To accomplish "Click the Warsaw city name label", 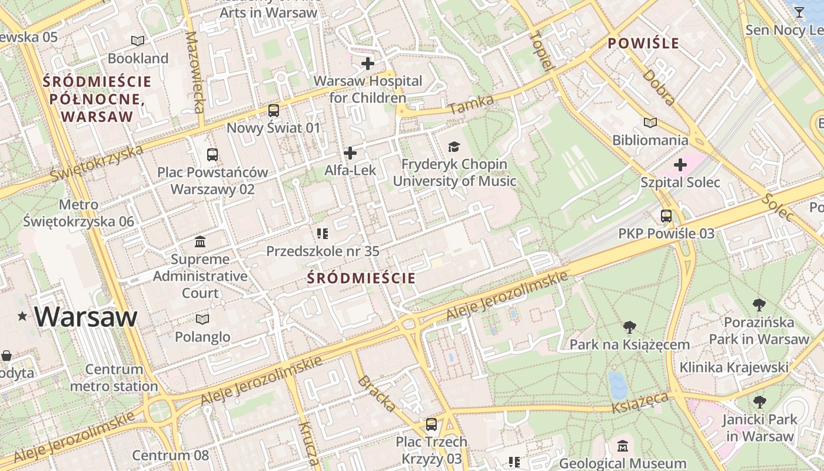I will pyautogui.click(x=86, y=317).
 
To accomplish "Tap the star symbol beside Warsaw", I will pyautogui.click(x=22, y=317).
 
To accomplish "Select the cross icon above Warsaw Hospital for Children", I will pyautogui.click(x=368, y=63).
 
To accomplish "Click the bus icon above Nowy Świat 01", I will pyautogui.click(x=274, y=110).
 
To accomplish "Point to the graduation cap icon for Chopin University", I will pyautogui.click(x=454, y=147).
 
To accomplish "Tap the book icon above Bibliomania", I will pyautogui.click(x=650, y=122).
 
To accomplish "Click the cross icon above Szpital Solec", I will pyautogui.click(x=680, y=165).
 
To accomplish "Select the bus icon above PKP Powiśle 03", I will pyautogui.click(x=666, y=216).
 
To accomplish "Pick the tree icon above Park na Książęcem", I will pyautogui.click(x=629, y=327).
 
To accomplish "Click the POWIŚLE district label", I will pyautogui.click(x=643, y=43).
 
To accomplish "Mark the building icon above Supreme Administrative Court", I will pyautogui.click(x=200, y=241).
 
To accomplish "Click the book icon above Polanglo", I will pyautogui.click(x=202, y=319).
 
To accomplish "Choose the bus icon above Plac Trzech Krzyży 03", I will pyautogui.click(x=431, y=424).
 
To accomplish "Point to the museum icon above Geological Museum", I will pyautogui.click(x=623, y=446).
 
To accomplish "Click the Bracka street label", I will pyautogui.click(x=376, y=394).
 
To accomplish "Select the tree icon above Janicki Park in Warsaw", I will pyautogui.click(x=759, y=402).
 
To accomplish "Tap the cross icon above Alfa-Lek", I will pyautogui.click(x=350, y=153).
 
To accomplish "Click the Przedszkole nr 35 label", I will pyautogui.click(x=323, y=251).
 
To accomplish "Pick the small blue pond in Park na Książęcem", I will pyautogui.click(x=617, y=384).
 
